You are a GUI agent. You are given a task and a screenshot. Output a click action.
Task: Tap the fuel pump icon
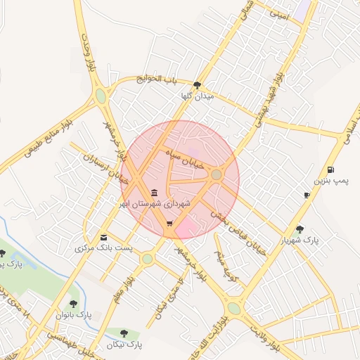[330, 170]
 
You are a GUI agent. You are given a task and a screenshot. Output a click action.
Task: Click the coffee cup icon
[307, 195]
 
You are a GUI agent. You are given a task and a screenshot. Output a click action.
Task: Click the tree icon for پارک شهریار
[300, 229]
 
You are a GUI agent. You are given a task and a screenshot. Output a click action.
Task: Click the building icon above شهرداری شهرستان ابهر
[154, 193]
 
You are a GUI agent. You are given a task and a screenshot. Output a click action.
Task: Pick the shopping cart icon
[169, 224]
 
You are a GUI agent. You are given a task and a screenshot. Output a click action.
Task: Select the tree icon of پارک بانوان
[73, 304]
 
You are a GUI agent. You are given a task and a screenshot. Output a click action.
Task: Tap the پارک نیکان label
[124, 345]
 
